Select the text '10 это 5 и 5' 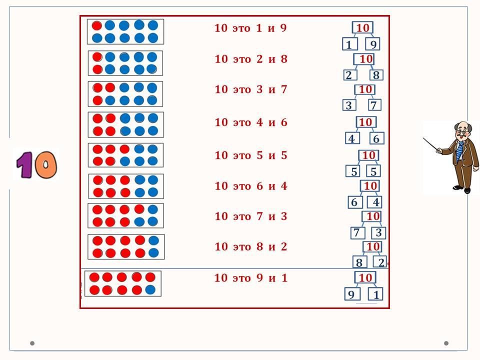tap(251, 155)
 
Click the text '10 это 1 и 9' tap(250, 28)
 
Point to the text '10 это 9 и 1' tap(251, 278)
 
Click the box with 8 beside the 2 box tap(376, 75)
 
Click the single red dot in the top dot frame tap(97, 25)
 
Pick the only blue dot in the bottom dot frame tap(150, 289)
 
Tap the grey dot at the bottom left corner tap(32, 343)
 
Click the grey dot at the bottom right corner tap(446, 343)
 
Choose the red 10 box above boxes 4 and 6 tap(365, 122)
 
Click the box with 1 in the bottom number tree tap(375, 294)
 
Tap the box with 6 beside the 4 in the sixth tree tap(354, 202)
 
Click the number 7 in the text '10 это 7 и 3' tap(259, 216)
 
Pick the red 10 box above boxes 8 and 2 tap(373, 247)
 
